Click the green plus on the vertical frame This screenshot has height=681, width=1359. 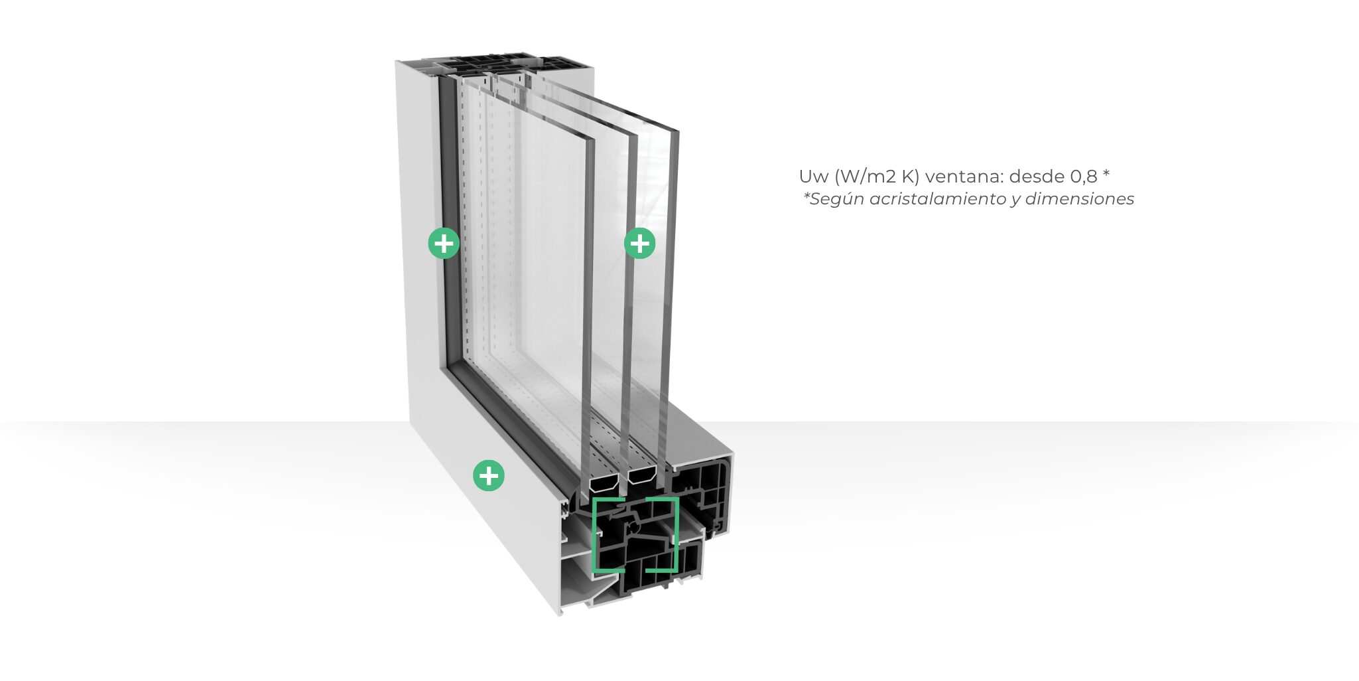(x=444, y=244)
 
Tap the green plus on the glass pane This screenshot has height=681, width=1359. (x=640, y=244)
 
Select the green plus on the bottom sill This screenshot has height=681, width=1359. (x=489, y=475)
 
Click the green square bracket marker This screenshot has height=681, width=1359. (x=635, y=534)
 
